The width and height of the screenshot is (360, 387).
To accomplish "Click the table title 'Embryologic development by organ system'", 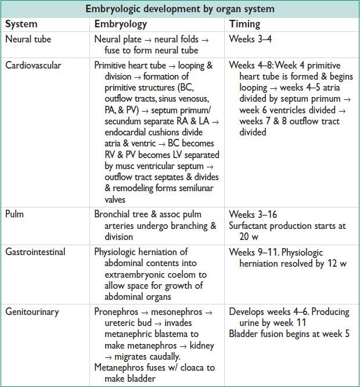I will click(x=180, y=9).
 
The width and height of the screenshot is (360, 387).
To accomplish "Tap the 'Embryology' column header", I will click(x=121, y=24).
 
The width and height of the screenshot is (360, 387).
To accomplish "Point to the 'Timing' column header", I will click(x=245, y=24).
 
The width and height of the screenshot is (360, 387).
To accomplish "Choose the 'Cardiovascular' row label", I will click(x=34, y=65).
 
